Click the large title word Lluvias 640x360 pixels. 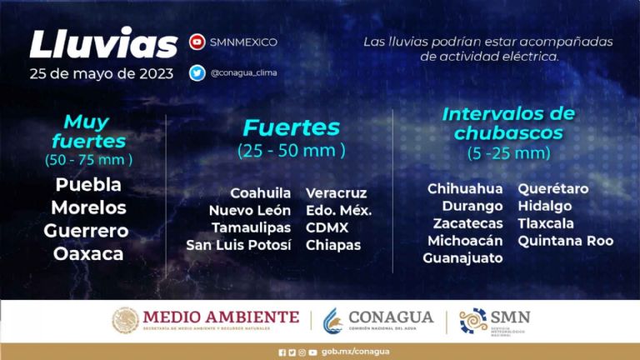pos(103,42)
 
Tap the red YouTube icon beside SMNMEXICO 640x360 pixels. pos(197,42)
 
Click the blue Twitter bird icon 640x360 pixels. pos(197,73)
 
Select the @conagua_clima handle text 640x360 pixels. pos(243,73)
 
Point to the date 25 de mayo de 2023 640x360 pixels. pos(101,74)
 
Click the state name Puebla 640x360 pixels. pos(88,184)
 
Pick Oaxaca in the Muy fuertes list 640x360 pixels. pos(88,254)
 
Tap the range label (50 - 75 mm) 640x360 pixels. pos(88,160)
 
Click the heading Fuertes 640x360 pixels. pos(292,127)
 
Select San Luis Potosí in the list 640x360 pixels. pos(239,245)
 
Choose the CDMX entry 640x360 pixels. pos(327,227)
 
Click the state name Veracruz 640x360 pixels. pos(337,193)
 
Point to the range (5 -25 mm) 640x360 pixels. pos(509,153)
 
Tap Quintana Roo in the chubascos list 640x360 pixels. pos(566,241)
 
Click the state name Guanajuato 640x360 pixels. pos(462,258)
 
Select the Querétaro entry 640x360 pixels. pos(553,188)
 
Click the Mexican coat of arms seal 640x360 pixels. pos(125,320)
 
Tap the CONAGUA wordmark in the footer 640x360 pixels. pos(391,317)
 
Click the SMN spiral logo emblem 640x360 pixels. pos(473,321)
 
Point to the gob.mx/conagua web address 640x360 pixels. pos(356,352)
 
